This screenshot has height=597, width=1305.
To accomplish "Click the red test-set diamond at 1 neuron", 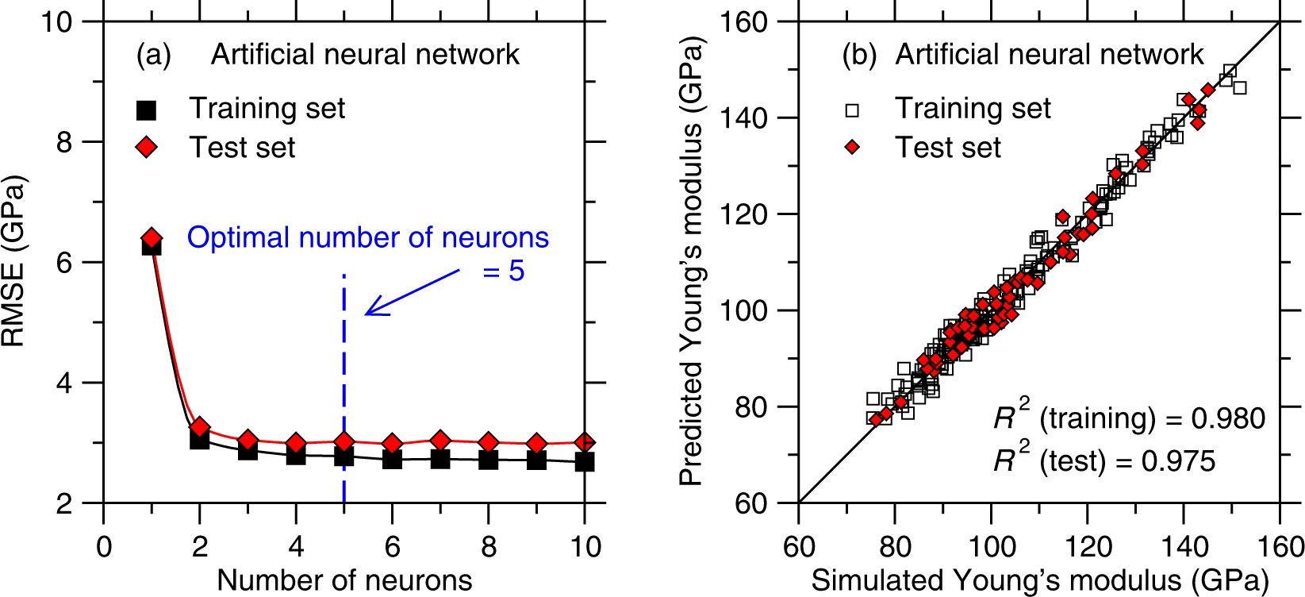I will coord(152,237).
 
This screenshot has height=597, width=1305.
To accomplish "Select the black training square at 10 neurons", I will coord(585,461).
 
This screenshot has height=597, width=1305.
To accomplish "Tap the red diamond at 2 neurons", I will coord(200,428).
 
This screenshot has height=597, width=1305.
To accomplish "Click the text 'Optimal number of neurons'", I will coord(367,237).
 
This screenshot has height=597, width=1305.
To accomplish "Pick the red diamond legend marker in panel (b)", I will coord(852,147).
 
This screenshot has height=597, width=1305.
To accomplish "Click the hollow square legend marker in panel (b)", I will coord(852,109).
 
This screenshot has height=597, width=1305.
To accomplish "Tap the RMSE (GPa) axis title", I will coord(14,262).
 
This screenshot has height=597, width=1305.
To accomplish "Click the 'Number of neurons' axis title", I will coord(344,580).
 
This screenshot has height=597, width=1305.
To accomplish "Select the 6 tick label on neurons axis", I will coord(392,546).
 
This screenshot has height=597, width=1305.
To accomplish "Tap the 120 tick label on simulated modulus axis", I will coord(1088,546).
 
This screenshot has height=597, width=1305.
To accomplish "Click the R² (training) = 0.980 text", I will coord(1129,418).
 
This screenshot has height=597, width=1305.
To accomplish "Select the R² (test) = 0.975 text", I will coord(1104,460).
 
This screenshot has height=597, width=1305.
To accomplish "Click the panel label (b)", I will coord(859,55).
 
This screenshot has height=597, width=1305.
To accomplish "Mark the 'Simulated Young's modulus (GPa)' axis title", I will coord(1039,580).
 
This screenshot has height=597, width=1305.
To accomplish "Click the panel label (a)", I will coord(153,55).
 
